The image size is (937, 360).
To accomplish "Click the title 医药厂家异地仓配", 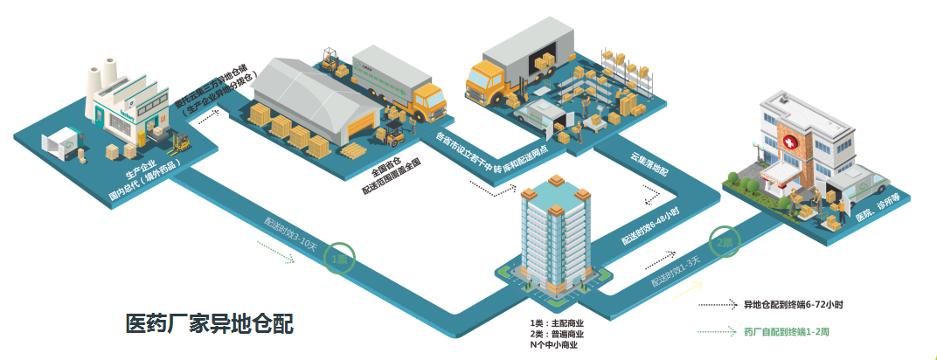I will click(209, 324).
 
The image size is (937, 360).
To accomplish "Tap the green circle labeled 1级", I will click(340, 259).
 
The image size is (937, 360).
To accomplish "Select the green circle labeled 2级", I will click(723, 243).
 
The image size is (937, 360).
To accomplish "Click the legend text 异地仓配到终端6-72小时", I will click(792, 305).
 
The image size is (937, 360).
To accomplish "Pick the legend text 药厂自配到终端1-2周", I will click(787, 332).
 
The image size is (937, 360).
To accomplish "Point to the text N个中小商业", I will click(553, 345).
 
